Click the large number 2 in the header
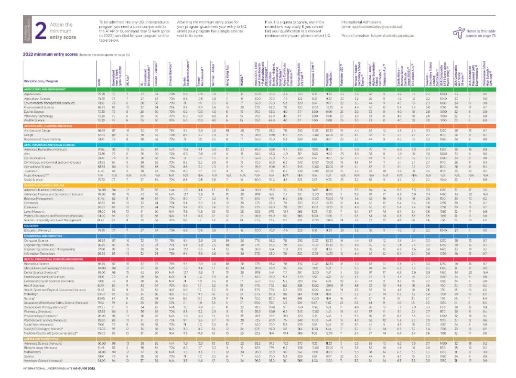click(41, 30)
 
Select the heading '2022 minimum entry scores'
click(50, 54)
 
